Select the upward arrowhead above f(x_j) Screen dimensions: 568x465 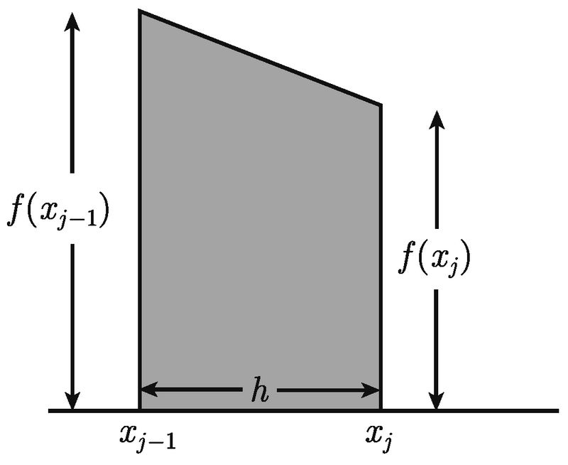coord(437,118)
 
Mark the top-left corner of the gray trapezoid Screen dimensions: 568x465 coord(139,11)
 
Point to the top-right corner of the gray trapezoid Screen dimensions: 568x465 coord(381,105)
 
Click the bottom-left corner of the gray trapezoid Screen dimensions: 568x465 coord(139,410)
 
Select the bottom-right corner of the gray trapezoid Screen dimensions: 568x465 coord(381,410)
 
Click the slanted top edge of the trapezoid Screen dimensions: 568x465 coord(260,58)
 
